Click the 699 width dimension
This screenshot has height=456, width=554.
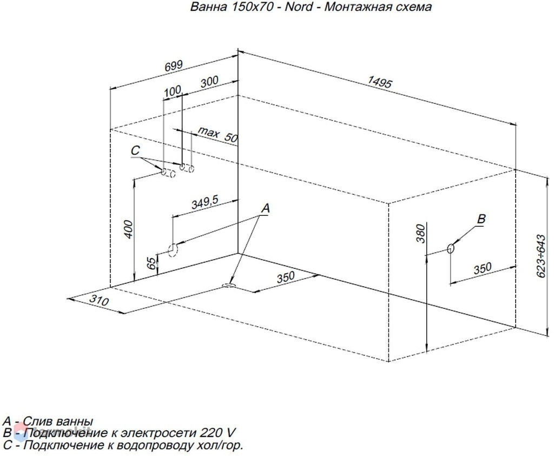174,67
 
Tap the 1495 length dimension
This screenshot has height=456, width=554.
380,82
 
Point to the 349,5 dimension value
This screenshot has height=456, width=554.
205,203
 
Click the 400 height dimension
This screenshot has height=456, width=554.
129,229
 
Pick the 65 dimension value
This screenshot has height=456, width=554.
151,263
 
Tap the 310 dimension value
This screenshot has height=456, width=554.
98,300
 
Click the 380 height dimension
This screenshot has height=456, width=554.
420,234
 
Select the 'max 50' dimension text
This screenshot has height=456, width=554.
218,135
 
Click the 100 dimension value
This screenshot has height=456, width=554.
173,91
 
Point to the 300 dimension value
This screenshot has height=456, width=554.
209,82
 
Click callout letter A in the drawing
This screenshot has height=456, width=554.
265,208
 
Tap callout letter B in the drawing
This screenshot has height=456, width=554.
481,219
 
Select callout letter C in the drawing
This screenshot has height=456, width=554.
135,151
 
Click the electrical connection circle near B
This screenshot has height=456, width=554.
451,248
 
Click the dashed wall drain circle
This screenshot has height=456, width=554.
173,250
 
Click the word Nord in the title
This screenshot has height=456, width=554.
299,6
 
